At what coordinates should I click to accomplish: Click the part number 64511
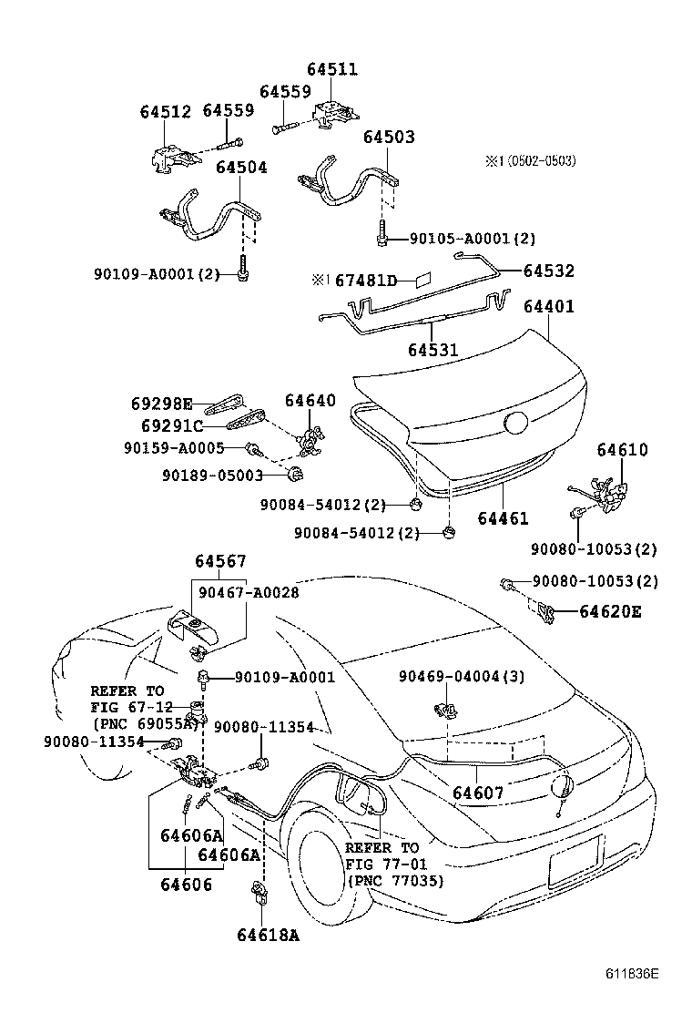point(331,70)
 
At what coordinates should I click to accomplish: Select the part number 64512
point(165,112)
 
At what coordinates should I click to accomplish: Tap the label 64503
point(389,138)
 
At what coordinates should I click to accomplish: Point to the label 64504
point(241,168)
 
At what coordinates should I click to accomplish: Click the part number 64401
point(548,307)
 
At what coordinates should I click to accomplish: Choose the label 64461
point(503,518)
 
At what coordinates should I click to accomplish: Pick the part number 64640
point(310,401)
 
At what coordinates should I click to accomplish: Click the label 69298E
point(160,404)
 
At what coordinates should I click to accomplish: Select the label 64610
point(623,450)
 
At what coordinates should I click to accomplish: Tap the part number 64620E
point(609,611)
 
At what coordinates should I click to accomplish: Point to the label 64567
point(219,562)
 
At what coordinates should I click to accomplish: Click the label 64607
point(478,793)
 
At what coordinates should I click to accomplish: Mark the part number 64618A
point(269,935)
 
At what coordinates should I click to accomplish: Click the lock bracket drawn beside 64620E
point(544,611)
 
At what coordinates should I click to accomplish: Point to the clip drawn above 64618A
point(259,894)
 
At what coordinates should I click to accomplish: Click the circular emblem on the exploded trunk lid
point(515,423)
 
